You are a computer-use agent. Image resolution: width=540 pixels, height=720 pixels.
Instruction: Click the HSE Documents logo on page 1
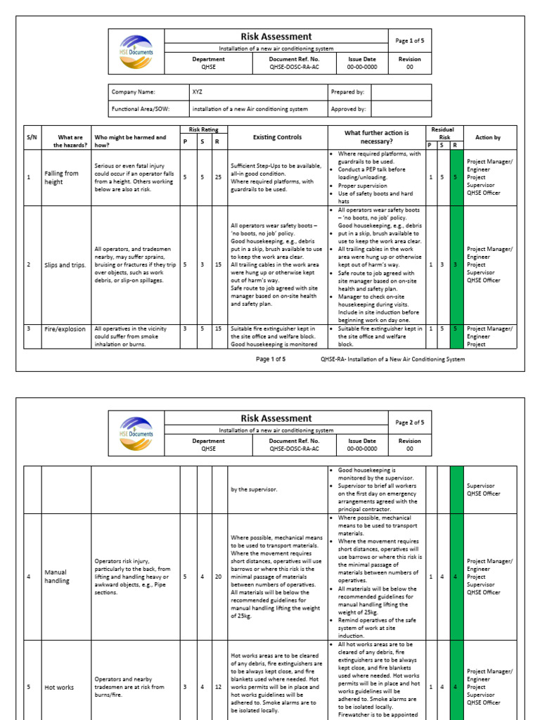[136, 51]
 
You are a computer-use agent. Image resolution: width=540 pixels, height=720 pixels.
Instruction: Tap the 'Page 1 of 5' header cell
[410, 41]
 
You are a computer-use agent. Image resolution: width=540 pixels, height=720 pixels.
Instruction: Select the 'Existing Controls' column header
[278, 137]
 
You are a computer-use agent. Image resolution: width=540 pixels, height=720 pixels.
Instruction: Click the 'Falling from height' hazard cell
[62, 177]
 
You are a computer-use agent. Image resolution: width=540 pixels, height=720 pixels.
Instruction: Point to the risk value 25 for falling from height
[219, 177]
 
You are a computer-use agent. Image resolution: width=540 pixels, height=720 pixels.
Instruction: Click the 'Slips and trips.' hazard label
[65, 264]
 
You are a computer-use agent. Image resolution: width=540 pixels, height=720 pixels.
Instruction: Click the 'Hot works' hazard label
[59, 687]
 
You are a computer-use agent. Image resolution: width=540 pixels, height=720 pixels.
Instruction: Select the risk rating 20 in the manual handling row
[219, 577]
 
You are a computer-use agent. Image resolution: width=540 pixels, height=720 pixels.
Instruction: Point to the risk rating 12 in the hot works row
[219, 687]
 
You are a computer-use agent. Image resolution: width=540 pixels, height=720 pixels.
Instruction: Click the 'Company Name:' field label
[134, 92]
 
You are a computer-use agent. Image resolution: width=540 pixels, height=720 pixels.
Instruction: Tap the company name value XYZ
[198, 92]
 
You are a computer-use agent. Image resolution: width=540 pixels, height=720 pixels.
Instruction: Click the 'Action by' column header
[488, 137]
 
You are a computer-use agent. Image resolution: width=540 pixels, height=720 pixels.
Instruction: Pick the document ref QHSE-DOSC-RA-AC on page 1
[295, 67]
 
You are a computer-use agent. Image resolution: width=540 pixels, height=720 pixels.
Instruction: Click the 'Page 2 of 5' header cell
[410, 423]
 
